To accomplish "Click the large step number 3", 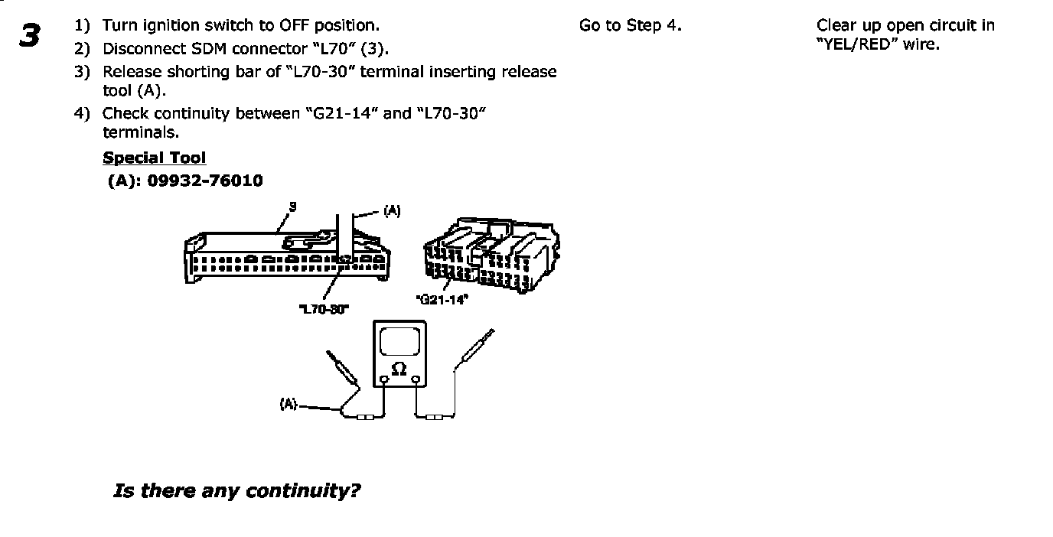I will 29,35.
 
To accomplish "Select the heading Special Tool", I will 154,158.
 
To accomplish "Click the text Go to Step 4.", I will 630,26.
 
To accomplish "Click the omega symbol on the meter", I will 399,369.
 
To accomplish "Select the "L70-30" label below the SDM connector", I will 323,308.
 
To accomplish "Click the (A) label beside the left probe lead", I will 289,404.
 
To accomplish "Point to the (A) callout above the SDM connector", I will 391,210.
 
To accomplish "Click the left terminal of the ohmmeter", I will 383,379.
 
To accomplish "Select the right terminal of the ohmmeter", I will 415,379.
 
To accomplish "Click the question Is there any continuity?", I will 236,491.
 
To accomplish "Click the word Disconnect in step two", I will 145,49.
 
